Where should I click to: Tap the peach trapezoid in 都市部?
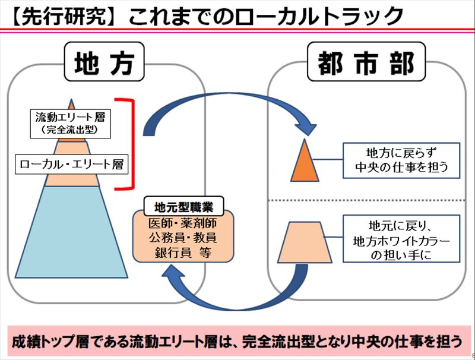(x=304, y=242)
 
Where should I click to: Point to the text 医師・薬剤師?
(x=183, y=225)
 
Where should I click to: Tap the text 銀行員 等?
(x=183, y=252)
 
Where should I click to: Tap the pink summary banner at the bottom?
(x=237, y=341)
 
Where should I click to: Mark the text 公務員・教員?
(x=183, y=238)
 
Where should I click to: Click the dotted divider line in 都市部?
(x=368, y=200)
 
